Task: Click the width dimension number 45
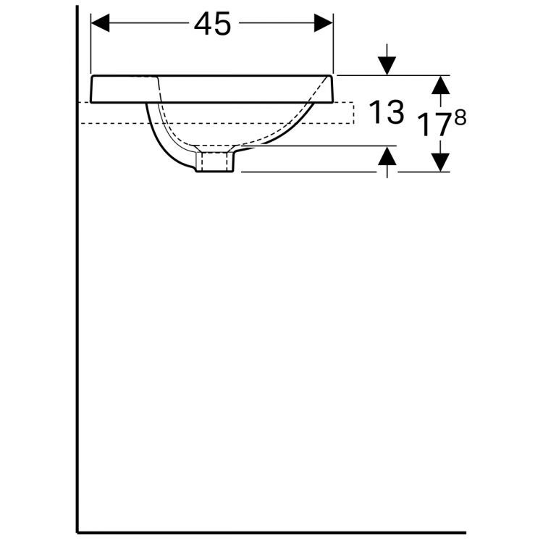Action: pyautogui.click(x=212, y=24)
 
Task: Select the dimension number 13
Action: pyautogui.click(x=385, y=113)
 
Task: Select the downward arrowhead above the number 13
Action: pyautogui.click(x=388, y=66)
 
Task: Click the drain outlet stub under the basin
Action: pyautogui.click(x=216, y=160)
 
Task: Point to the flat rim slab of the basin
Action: pyautogui.click(x=210, y=88)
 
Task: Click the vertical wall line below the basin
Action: pyautogui.click(x=77, y=326)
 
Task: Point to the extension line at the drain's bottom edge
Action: pyautogui.click(x=304, y=172)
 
